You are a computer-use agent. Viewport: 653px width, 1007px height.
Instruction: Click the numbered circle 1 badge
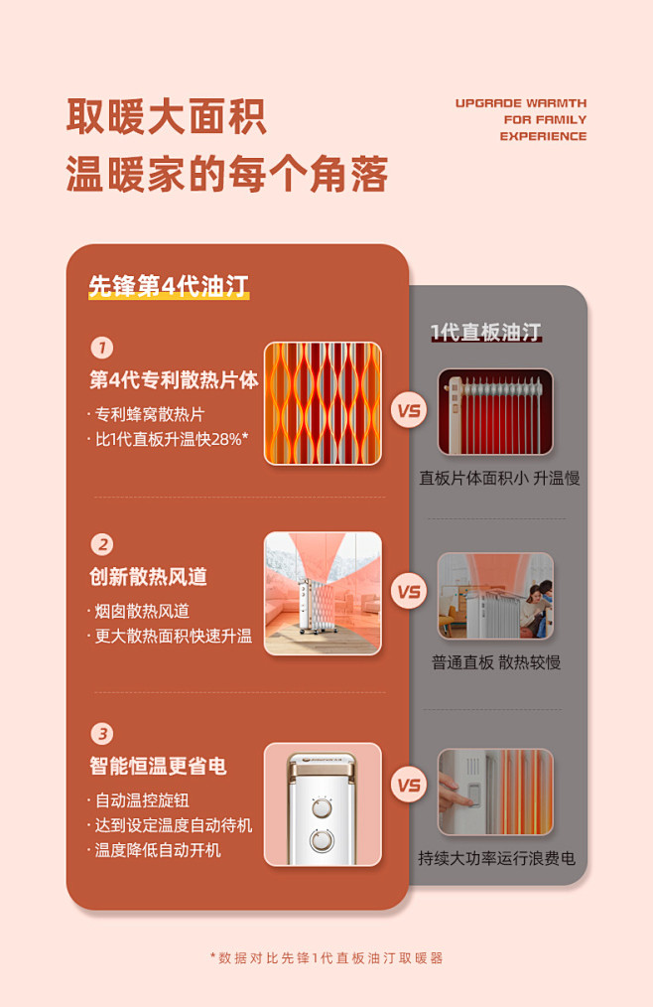[101, 349]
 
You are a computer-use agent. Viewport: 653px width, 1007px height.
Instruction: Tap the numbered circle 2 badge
[101, 544]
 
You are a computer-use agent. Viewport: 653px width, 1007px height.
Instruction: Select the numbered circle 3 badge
[101, 734]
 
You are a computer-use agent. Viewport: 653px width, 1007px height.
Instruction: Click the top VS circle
[409, 410]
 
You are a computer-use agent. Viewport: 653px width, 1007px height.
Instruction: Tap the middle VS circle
[409, 592]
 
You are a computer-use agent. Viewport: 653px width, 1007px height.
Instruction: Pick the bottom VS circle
[409, 785]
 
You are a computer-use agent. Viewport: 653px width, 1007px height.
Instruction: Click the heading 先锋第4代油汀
[169, 286]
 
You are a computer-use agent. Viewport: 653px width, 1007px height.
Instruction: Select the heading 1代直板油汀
[485, 332]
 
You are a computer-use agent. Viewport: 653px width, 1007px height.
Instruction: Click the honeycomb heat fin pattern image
[323, 403]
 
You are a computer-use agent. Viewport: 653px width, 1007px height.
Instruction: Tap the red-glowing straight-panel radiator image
[495, 412]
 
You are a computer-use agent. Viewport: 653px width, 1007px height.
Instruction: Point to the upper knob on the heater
[322, 807]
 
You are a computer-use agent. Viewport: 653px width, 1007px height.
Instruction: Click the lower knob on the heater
[322, 840]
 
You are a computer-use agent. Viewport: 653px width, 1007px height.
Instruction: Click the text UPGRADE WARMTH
[521, 103]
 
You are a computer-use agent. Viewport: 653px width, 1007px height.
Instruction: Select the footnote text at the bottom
[326, 958]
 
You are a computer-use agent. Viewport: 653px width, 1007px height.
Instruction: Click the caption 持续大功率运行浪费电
[496, 858]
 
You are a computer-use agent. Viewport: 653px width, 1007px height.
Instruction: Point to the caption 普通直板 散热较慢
[495, 662]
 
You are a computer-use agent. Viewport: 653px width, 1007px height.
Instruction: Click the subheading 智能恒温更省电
[158, 766]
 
